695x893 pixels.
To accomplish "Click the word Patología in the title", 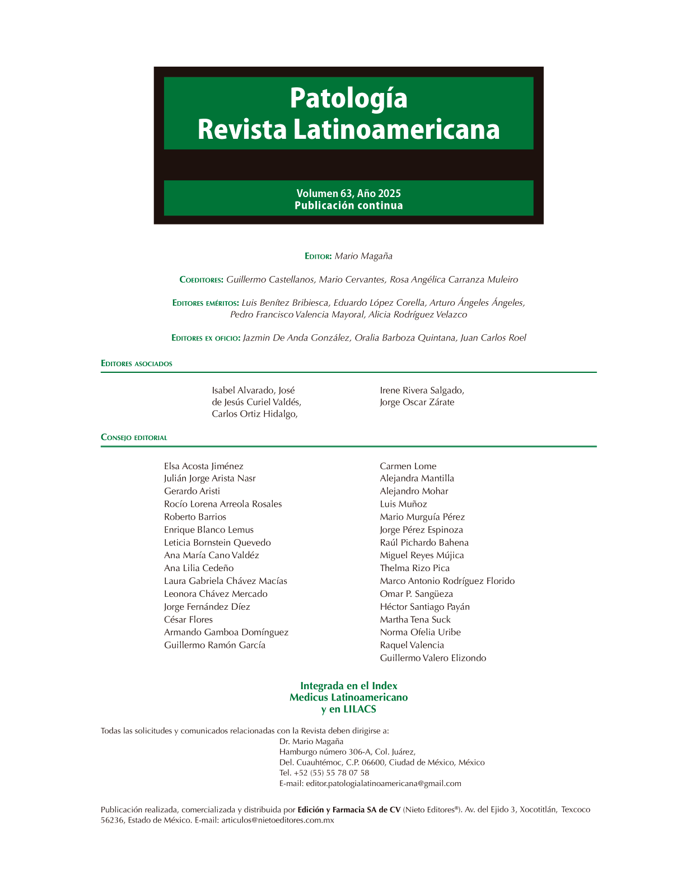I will click(x=348, y=99).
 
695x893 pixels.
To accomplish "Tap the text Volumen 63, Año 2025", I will click(x=348, y=193).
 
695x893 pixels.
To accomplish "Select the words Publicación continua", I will click(x=348, y=205).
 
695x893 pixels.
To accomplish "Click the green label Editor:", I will click(x=318, y=256).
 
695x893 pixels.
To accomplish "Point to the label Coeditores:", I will click(x=201, y=280).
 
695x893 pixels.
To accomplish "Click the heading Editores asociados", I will click(x=137, y=364).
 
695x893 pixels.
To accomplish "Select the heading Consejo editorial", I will click(x=134, y=438).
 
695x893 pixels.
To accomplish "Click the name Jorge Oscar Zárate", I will click(x=417, y=402).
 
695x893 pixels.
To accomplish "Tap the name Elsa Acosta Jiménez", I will click(x=203, y=466).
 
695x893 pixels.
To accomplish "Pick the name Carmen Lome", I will click(x=408, y=466).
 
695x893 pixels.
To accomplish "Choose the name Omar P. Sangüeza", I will click(x=416, y=593).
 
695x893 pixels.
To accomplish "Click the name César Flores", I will click(x=188, y=619).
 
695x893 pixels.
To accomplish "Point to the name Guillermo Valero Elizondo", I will click(x=433, y=658).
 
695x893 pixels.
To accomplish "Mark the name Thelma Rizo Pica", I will click(x=414, y=568).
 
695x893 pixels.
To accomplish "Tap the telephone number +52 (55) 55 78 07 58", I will click(x=331, y=773).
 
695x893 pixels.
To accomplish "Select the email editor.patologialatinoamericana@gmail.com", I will click(x=383, y=783).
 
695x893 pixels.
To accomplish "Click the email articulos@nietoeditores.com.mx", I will click(x=277, y=820).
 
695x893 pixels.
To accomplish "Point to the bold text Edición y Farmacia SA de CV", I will click(x=349, y=810).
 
